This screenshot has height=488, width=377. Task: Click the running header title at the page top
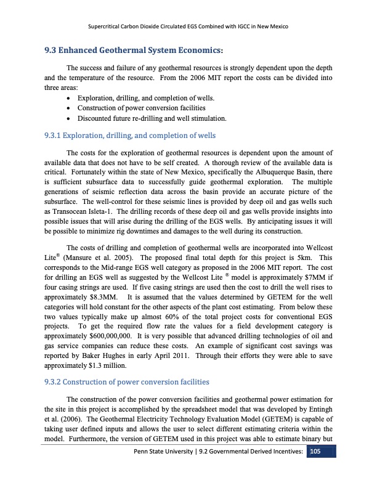coord(188,26)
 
